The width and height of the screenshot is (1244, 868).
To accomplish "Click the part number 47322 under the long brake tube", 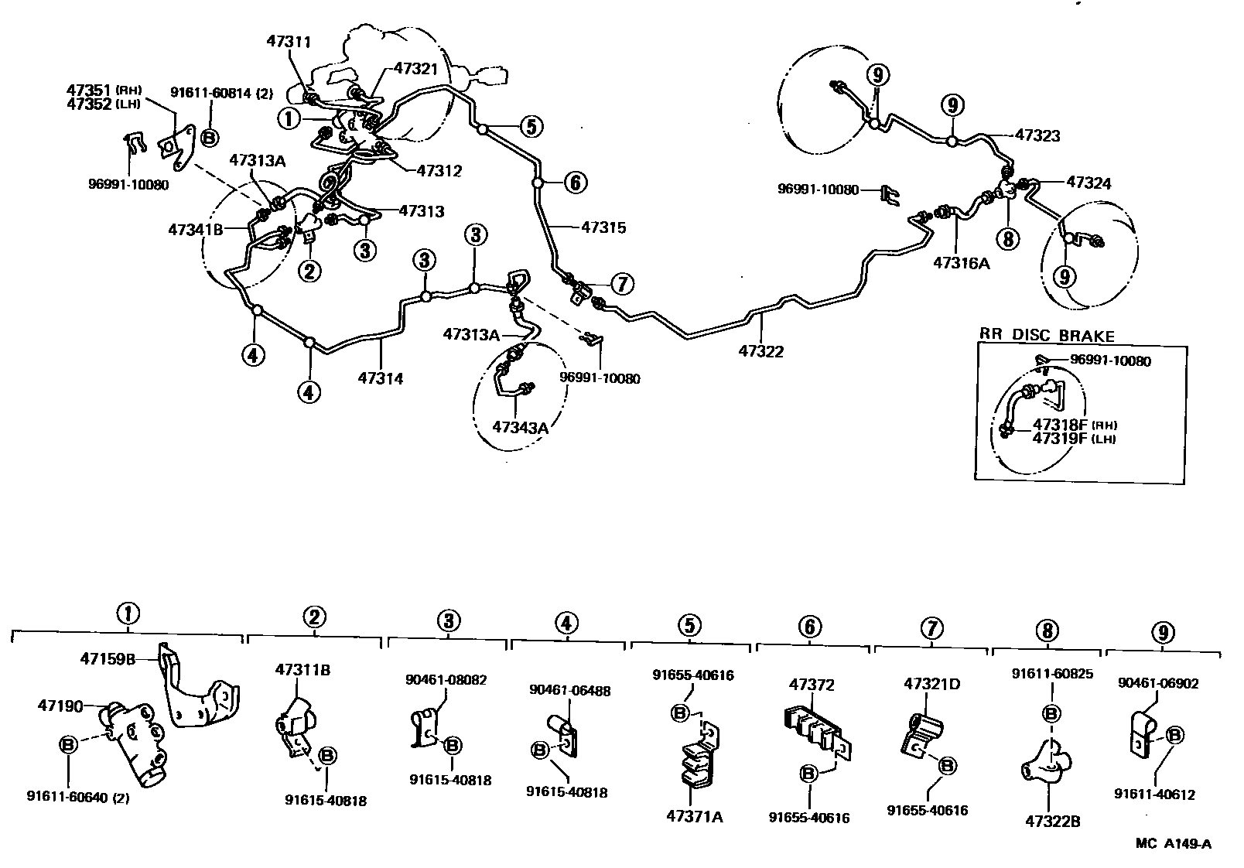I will (760, 351).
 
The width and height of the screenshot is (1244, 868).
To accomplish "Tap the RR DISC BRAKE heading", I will (1047, 336).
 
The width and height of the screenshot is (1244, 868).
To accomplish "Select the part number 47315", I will (603, 228).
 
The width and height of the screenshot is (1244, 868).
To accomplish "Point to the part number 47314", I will (381, 379).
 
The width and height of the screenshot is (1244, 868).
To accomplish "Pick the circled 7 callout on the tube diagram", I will (621, 284).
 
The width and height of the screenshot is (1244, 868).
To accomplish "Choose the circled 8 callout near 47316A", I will (1007, 239).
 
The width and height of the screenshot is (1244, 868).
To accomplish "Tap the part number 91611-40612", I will (1155, 795).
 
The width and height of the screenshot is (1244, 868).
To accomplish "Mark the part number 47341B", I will (196, 229).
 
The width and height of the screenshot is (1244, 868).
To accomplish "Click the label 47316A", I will (962, 262).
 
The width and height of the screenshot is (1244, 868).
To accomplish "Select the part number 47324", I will (1088, 183).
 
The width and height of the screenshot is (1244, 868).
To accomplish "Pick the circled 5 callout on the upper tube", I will (531, 126).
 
